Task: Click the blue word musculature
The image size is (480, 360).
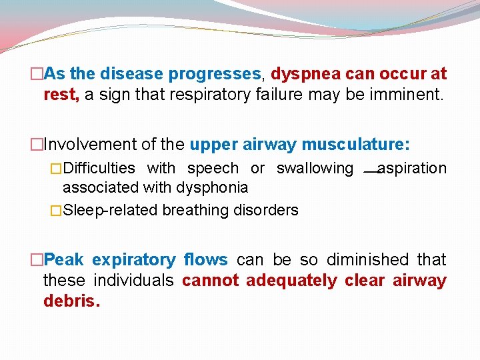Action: click(x=355, y=144)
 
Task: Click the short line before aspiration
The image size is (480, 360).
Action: click(x=371, y=172)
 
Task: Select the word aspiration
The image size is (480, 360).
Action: click(x=412, y=168)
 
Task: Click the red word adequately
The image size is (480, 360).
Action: click(x=291, y=280)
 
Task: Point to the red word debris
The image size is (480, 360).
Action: click(x=71, y=301)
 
